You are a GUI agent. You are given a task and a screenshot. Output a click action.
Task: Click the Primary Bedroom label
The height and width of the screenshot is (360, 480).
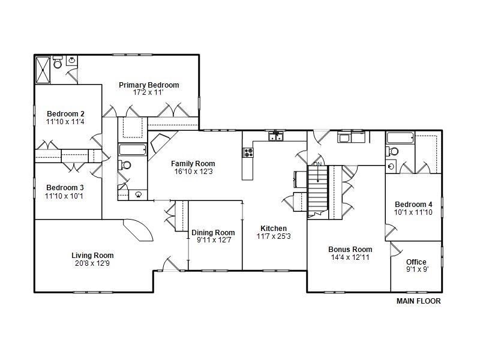click(x=149, y=85)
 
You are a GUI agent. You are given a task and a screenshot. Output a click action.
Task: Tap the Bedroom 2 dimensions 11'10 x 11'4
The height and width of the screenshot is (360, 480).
click(x=65, y=122)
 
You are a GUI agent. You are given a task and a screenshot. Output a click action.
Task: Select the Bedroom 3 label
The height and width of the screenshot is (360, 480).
click(x=65, y=188)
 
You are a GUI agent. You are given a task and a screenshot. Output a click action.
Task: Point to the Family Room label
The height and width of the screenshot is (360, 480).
click(x=193, y=164)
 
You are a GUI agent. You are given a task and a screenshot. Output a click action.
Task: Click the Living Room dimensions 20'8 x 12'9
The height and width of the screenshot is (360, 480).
click(x=92, y=263)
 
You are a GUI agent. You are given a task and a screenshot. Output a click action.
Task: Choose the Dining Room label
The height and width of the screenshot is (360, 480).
click(x=213, y=233)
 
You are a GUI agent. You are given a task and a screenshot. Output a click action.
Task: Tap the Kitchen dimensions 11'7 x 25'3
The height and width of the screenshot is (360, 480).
click(x=274, y=236)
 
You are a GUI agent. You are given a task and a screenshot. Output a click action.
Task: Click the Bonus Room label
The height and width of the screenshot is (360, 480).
click(x=350, y=250)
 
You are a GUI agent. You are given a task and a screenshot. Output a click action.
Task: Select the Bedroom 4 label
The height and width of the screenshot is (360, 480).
click(x=413, y=205)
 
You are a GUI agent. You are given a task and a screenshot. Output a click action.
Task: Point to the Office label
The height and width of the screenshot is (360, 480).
click(x=416, y=262)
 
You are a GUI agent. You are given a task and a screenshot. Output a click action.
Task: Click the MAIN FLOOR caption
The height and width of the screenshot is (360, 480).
click(x=418, y=301)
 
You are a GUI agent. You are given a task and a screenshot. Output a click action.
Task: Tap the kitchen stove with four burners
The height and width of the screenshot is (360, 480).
click(x=248, y=152)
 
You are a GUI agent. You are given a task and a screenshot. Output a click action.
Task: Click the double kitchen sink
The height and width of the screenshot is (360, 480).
click(x=276, y=136)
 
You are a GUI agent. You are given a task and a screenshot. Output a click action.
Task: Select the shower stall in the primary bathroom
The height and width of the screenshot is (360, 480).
click(x=43, y=70)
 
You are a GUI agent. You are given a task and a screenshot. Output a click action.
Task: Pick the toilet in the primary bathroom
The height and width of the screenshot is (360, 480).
click(x=57, y=62)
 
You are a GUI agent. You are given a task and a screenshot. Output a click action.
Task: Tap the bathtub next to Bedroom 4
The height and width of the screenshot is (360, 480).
click(x=400, y=138)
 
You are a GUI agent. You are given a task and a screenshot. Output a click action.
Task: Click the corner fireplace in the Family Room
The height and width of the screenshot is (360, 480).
click(x=160, y=143)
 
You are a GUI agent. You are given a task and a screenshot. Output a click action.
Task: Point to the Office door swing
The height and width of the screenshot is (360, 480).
click(x=395, y=249)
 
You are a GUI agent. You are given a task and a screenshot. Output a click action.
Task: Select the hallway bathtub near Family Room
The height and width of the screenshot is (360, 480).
click(x=133, y=149)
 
